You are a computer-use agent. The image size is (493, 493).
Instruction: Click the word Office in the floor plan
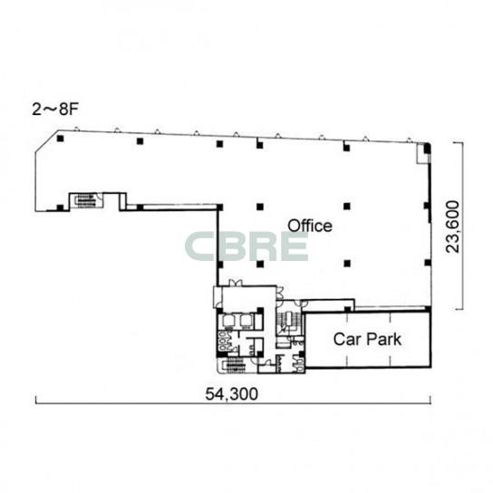click(310, 226)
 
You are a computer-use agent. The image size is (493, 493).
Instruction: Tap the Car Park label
click(367, 339)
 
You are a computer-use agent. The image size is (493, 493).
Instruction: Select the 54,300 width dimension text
click(232, 393)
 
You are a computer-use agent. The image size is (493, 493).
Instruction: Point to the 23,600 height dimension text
click(453, 227)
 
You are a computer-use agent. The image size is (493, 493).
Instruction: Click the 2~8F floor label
click(55, 110)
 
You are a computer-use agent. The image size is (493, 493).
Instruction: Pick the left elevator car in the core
click(228, 321)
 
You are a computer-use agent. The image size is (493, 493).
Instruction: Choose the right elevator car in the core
click(246, 321)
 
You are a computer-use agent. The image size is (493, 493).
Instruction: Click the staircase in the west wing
click(85, 200)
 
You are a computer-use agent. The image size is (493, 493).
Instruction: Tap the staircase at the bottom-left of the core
click(234, 365)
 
